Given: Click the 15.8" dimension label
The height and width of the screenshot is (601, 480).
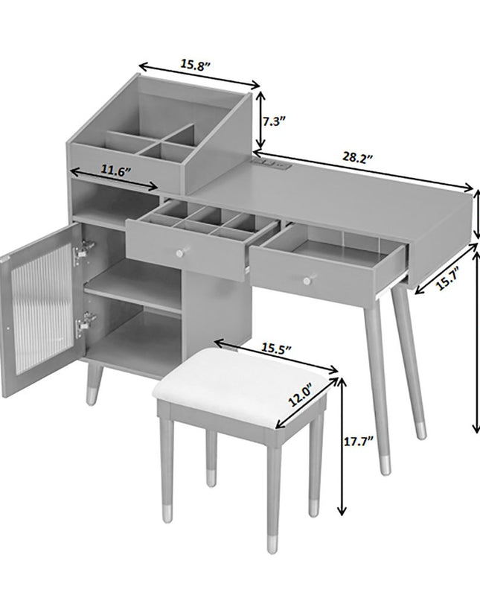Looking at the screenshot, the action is tap(196, 65).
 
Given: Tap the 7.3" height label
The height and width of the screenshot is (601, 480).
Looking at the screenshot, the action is tap(275, 121).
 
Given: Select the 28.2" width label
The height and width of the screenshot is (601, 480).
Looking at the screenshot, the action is tap(357, 158).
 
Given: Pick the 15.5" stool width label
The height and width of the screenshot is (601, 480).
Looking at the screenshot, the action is tap(277, 348).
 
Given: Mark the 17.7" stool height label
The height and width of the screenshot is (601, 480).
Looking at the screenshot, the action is tap(359, 442).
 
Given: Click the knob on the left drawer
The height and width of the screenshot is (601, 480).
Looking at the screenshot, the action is tap(181, 252).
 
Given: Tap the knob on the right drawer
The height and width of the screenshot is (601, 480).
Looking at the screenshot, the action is tap(307, 281).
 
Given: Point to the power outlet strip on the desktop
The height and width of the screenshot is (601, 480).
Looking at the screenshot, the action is tap(272, 165).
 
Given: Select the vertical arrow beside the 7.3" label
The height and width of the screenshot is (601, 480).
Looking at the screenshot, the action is tap(260, 120).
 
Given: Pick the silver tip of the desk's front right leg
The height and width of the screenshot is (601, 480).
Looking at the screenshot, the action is tap(385, 465).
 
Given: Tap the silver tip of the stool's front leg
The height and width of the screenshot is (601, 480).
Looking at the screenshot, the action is tap(272, 544).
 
